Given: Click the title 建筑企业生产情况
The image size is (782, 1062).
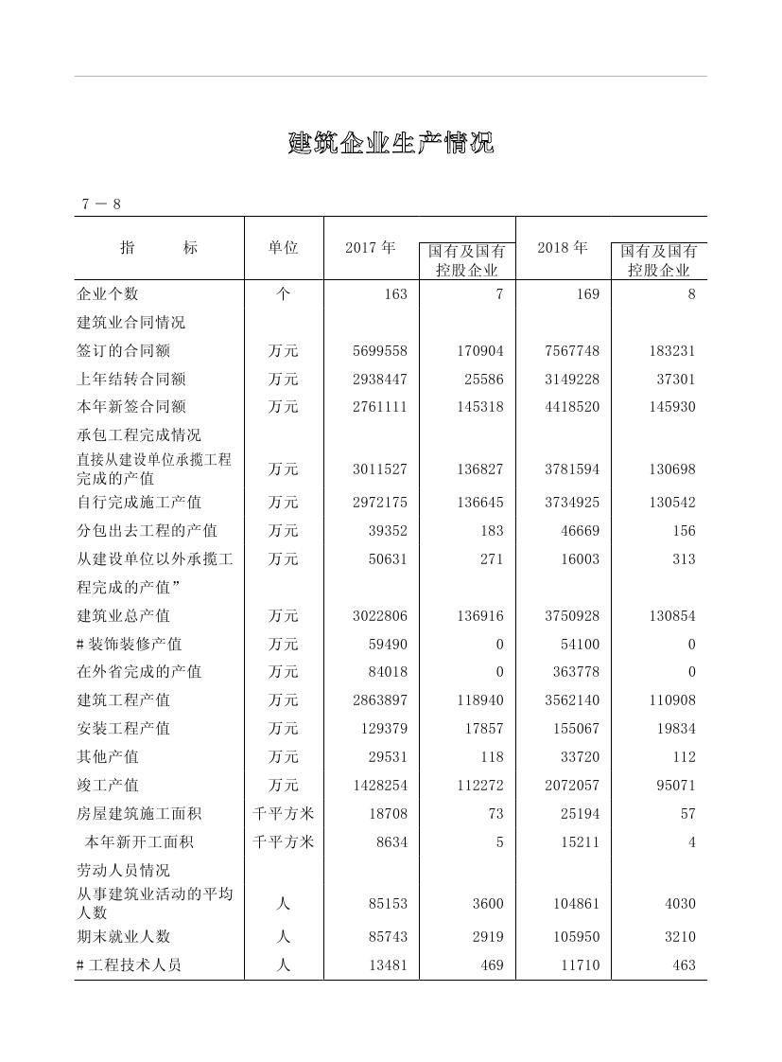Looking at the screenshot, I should click(x=391, y=144).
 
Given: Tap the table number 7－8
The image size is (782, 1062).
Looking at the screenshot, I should click(x=101, y=204).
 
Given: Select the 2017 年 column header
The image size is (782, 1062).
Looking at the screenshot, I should click(x=371, y=248).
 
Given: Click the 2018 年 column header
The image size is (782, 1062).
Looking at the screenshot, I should click(x=563, y=248).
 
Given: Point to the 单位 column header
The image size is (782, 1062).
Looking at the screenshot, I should click(x=284, y=248).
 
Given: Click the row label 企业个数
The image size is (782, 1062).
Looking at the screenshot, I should click(x=108, y=294).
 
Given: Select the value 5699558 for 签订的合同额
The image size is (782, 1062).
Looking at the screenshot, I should click(x=380, y=351).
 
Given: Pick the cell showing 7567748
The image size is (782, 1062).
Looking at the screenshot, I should click(x=572, y=351).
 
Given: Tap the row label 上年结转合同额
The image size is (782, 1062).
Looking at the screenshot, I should click(x=131, y=380).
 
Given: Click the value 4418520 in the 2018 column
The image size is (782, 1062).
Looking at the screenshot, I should click(x=572, y=407).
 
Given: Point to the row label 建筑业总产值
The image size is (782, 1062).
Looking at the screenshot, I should click(x=124, y=616).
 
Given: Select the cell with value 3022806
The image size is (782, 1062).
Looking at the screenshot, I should click(x=380, y=616).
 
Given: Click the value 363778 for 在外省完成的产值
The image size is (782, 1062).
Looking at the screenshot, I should click(x=576, y=672).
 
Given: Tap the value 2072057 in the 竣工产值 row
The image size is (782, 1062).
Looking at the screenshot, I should click(x=572, y=786).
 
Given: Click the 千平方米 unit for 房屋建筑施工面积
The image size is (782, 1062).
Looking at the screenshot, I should click(x=284, y=814).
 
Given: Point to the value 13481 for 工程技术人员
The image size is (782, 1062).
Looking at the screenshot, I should click(x=388, y=965).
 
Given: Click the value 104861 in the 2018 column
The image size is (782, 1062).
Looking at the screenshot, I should click(x=576, y=904).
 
